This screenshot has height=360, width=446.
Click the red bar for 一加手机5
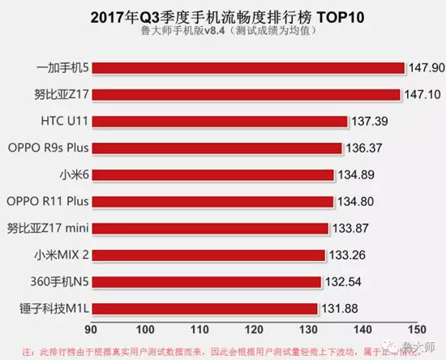click(248, 67)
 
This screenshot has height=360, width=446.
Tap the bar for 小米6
click(213, 174)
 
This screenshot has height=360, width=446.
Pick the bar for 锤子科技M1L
click(204, 308)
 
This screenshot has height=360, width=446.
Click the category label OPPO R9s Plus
click(48, 148)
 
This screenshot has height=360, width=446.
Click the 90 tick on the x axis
click(94, 330)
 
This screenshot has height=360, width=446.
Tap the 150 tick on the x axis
click(416, 330)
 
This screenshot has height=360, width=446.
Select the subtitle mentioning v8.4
click(223, 32)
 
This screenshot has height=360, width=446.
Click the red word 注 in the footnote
click(27, 351)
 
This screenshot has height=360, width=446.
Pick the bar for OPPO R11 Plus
click(212, 201)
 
